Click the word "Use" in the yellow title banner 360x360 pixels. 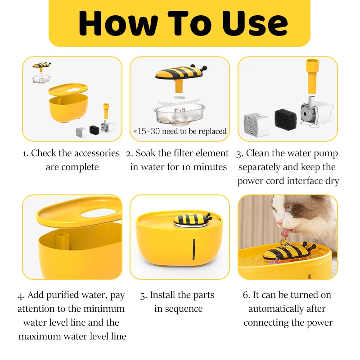(255, 24)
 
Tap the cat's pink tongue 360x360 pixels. (285, 233)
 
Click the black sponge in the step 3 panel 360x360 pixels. (285, 119)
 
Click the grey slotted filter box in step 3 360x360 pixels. (256, 125)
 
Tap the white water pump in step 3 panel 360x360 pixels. (316, 112)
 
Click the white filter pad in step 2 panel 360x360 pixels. (179, 100)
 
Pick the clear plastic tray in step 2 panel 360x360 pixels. (180, 114)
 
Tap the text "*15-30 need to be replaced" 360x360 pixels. (180, 131)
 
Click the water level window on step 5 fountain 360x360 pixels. (194, 249)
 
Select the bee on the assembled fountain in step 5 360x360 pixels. (193, 220)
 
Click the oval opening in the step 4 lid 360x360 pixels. (98, 213)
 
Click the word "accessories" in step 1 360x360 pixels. (97, 153)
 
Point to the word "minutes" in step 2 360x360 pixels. (210, 167)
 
